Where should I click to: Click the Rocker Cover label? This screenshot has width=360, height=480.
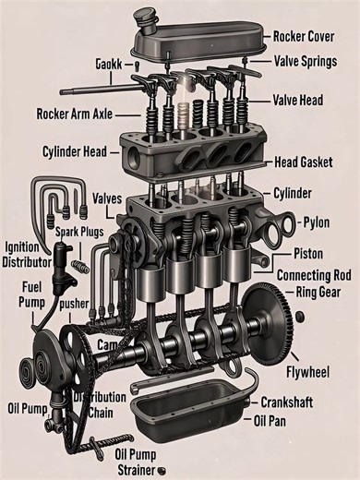pyautogui.click(x=310, y=37)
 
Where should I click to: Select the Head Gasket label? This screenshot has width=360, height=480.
pyautogui.click(x=306, y=162)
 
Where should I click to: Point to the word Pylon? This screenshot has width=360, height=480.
pyautogui.click(x=317, y=222)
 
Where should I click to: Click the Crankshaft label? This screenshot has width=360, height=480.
pyautogui.click(x=295, y=403)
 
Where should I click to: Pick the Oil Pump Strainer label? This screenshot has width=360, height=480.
pyautogui.click(x=136, y=460)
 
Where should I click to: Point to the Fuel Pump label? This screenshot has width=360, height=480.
pyautogui.click(x=30, y=294)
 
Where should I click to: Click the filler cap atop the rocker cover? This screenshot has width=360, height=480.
pyautogui.click(x=146, y=18)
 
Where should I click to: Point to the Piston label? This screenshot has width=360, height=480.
pyautogui.click(x=307, y=253)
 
